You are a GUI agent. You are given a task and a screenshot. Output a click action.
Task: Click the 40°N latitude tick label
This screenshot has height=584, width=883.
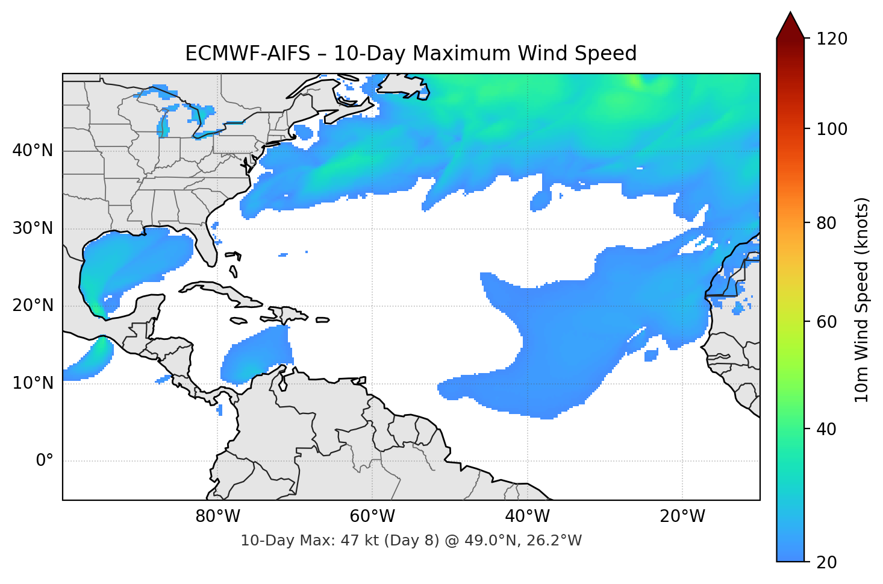click(33, 151)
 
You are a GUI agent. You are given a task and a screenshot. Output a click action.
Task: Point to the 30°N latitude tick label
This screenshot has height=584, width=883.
click(33, 228)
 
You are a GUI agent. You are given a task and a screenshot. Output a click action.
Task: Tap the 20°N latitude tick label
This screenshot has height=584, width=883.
click(33, 306)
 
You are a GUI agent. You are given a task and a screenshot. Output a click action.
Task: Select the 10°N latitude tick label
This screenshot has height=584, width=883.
click(33, 383)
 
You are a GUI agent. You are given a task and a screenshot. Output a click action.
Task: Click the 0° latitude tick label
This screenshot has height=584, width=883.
click(45, 461)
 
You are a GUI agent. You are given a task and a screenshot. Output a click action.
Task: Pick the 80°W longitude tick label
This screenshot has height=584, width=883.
click(217, 516)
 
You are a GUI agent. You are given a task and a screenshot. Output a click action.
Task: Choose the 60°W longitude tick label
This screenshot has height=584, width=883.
click(372, 516)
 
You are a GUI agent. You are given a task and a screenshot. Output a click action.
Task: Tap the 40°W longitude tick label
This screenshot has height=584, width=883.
click(528, 516)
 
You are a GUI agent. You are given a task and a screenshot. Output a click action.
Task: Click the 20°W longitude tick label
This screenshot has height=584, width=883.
click(682, 516)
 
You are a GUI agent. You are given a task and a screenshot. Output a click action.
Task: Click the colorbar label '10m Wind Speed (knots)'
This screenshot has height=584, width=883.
click(862, 300)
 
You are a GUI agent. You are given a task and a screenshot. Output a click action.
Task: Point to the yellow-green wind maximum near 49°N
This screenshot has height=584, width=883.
click(634, 81)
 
